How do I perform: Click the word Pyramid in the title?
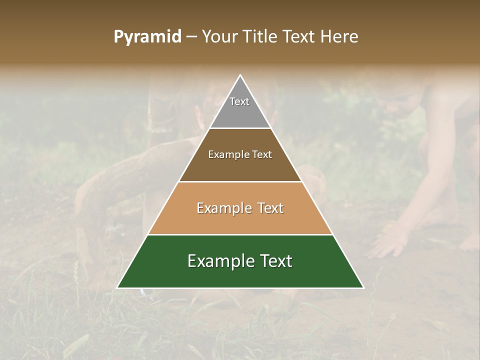pyautogui.click(x=147, y=37)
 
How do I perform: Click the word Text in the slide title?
pyautogui.click(x=299, y=37)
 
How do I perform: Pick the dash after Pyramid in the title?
pyautogui.click(x=191, y=37)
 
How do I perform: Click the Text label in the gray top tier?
pyautogui.click(x=239, y=101)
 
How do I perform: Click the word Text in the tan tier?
pyautogui.click(x=271, y=208)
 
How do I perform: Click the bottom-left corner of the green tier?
pyautogui.click(x=118, y=287)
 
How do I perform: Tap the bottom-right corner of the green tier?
pyautogui.click(x=363, y=287)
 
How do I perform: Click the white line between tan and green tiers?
pyautogui.click(x=240, y=234)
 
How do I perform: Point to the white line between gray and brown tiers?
pyautogui.click(x=240, y=128)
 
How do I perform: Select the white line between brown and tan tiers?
pyautogui.click(x=240, y=181)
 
